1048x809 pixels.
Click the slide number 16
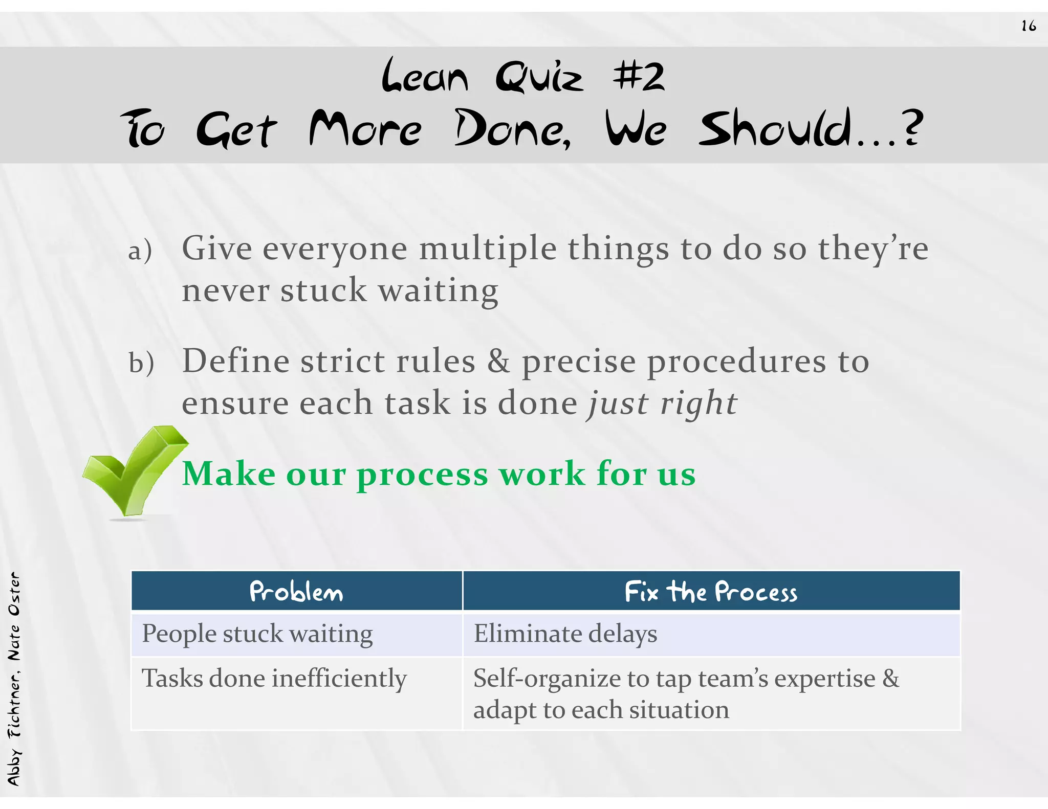coord(1028,26)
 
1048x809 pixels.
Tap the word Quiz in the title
coord(539,77)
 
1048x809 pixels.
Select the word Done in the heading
coord(512,129)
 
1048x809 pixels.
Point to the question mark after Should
coord(912,128)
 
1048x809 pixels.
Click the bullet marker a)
coord(140,251)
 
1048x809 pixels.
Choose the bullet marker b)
coord(141,363)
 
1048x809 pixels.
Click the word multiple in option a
coord(488,249)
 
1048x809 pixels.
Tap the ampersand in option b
coord(498,361)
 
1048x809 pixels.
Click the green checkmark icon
coord(134,470)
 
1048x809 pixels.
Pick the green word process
coord(423,475)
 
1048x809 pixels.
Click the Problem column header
coord(296,592)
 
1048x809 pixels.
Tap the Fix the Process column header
coord(711,592)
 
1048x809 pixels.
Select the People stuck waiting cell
coord(257,634)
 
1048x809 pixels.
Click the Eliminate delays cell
coord(565,634)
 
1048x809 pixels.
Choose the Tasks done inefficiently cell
coord(274,679)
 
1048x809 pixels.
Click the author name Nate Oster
coord(14,616)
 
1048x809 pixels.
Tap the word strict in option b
coord(342,361)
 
